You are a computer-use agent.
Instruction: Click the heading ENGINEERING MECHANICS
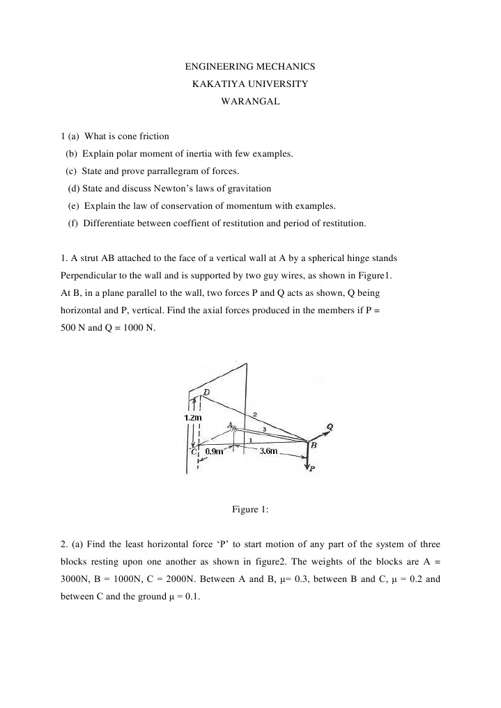pyautogui.click(x=250, y=67)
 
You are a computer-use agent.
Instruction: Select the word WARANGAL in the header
pyautogui.click(x=250, y=100)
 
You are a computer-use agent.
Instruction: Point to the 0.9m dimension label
pyautogui.click(x=215, y=452)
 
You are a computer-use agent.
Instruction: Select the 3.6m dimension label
pyautogui.click(x=268, y=452)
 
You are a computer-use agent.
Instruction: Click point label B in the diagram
pyautogui.click(x=314, y=445)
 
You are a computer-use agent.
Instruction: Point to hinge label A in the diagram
pyautogui.click(x=230, y=425)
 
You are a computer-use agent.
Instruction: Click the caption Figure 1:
pyautogui.click(x=250, y=509)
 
